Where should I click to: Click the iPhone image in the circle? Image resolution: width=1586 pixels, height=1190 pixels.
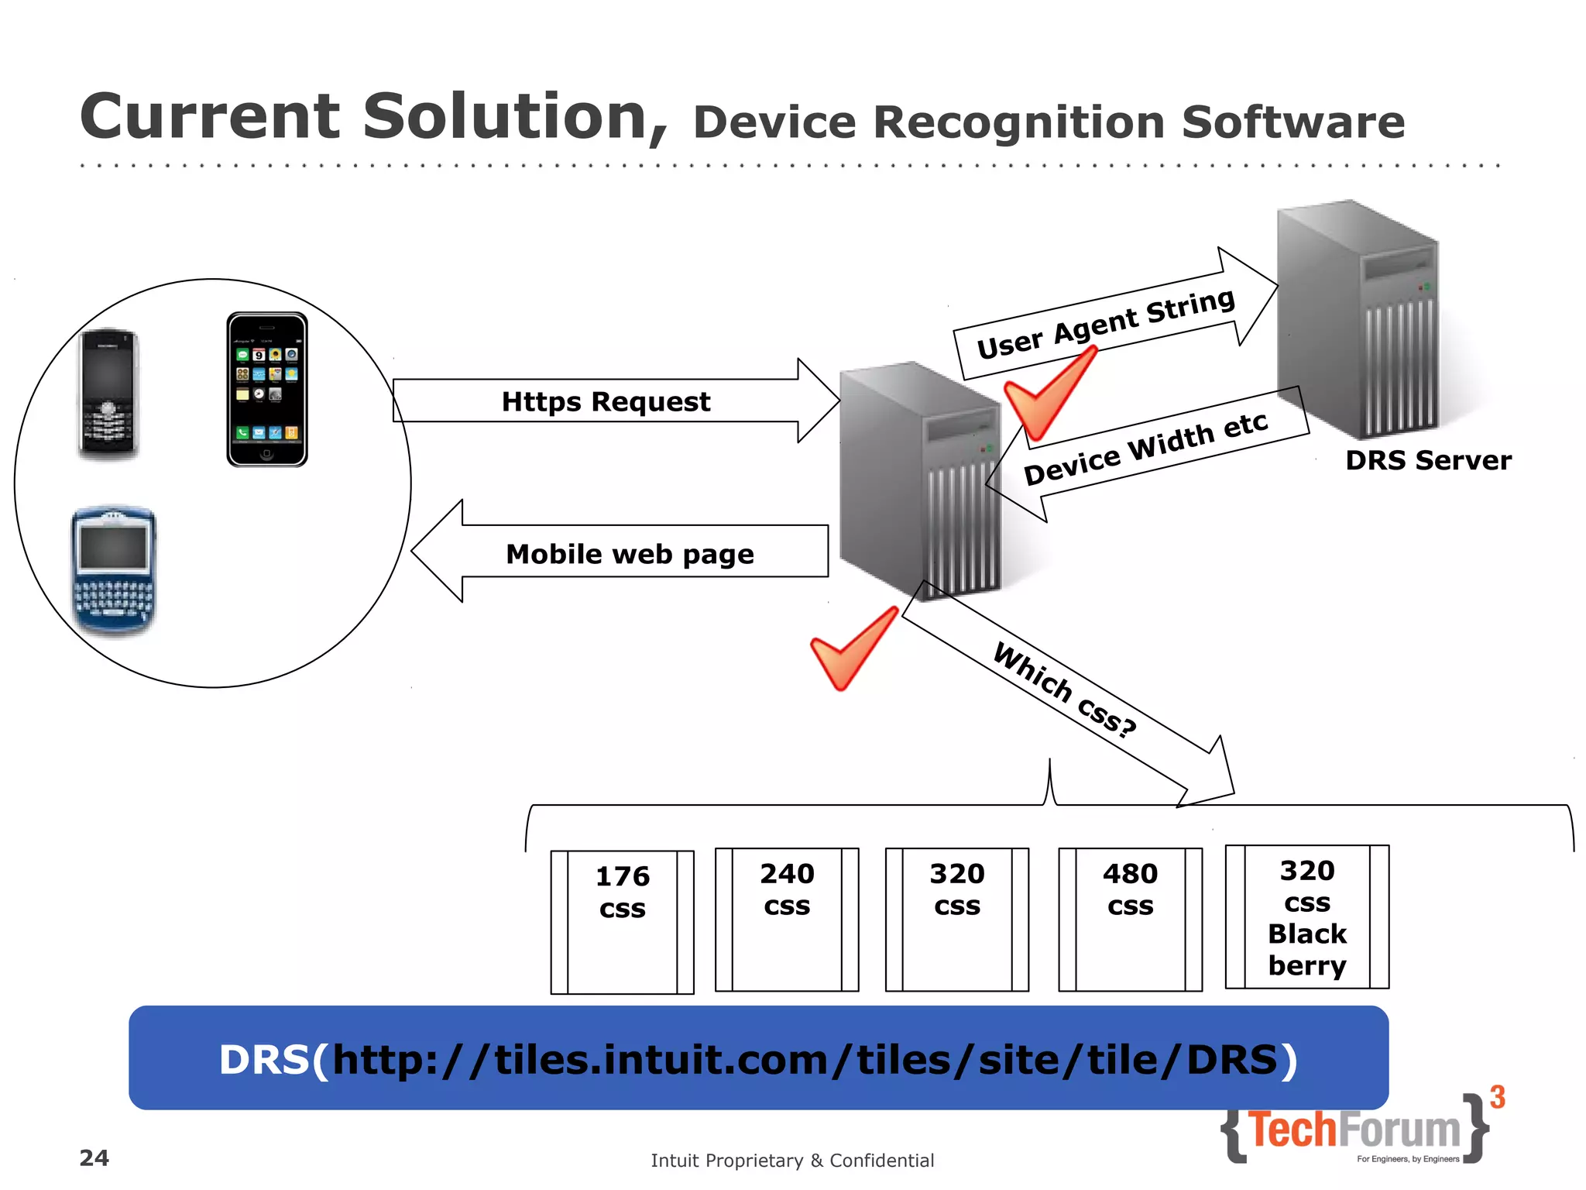[266, 390]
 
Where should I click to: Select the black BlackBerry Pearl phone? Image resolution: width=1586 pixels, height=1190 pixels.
[108, 394]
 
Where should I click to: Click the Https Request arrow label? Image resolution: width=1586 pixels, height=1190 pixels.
[606, 401]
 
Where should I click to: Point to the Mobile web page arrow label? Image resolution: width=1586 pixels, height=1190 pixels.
[629, 553]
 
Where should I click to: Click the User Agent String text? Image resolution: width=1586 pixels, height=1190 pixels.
[1105, 323]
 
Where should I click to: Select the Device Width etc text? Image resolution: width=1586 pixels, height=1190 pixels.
[1145, 449]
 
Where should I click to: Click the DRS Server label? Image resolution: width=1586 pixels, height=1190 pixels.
[1427, 460]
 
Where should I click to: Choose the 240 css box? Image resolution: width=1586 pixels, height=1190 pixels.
[787, 919]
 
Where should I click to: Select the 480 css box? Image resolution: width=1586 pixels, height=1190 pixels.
[1130, 919]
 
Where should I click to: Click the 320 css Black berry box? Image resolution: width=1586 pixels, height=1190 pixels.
[1306, 917]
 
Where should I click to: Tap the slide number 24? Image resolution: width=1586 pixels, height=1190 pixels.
[94, 1157]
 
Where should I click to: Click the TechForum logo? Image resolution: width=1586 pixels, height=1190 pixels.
[1355, 1130]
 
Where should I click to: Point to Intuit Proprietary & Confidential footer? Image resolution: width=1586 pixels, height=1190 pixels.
[792, 1160]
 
